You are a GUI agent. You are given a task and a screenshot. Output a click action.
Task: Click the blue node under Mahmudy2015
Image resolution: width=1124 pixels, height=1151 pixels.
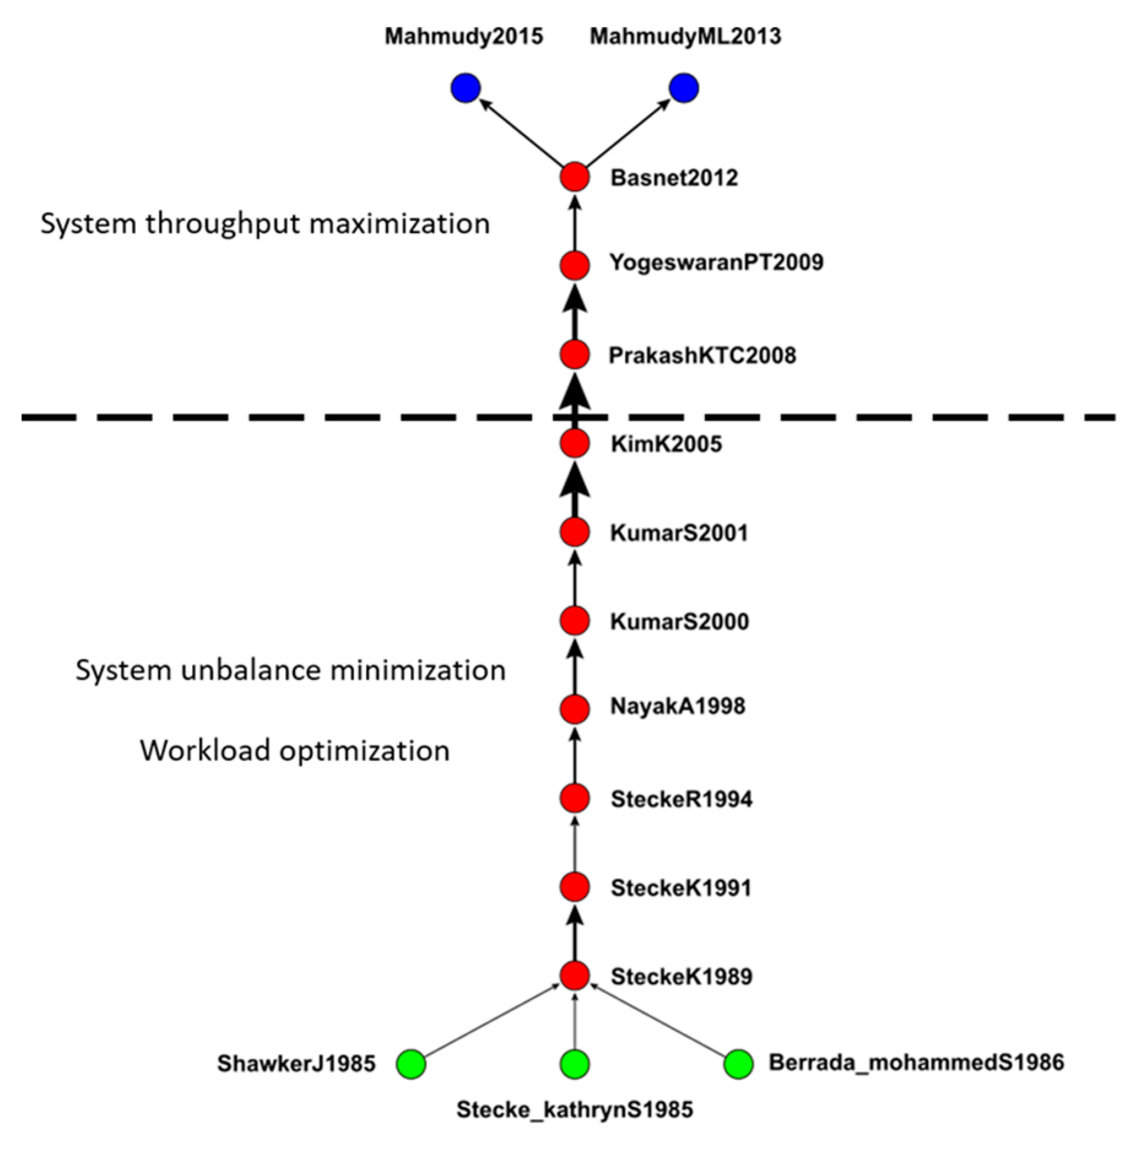click(x=465, y=89)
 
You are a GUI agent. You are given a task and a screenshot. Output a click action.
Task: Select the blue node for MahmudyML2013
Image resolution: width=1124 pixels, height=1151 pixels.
click(x=684, y=89)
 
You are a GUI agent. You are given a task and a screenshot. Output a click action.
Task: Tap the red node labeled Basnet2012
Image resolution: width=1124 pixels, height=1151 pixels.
click(x=575, y=177)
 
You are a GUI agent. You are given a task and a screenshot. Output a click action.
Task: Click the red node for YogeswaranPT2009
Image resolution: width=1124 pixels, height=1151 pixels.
click(x=575, y=266)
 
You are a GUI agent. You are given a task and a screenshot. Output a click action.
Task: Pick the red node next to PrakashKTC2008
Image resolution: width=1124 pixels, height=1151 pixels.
click(x=575, y=354)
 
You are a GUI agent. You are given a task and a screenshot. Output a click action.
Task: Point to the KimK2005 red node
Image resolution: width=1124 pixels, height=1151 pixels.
click(x=575, y=443)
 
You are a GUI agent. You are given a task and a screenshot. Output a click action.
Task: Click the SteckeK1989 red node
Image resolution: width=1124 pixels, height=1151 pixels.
click(x=575, y=975)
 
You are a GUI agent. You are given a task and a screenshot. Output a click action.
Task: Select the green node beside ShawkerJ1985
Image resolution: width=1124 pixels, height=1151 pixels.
click(x=411, y=1063)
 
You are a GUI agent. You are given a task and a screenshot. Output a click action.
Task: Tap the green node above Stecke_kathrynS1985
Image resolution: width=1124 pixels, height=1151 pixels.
click(x=575, y=1063)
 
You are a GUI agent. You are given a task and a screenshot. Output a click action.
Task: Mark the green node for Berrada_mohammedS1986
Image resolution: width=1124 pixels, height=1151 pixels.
click(x=738, y=1063)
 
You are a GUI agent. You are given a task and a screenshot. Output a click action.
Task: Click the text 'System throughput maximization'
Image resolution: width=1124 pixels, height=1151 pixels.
click(x=265, y=223)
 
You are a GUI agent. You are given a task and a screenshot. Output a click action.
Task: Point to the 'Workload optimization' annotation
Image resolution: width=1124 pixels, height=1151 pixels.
click(x=295, y=750)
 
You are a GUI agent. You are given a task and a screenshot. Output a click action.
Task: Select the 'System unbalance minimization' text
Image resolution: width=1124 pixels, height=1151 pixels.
click(x=291, y=670)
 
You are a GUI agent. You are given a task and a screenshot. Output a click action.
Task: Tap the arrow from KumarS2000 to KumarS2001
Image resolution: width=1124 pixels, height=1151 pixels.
click(x=575, y=577)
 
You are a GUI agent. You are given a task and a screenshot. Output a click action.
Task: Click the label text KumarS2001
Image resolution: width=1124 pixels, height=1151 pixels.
click(x=679, y=532)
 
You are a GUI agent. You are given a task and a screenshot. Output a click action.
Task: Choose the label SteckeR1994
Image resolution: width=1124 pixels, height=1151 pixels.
click(x=681, y=798)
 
